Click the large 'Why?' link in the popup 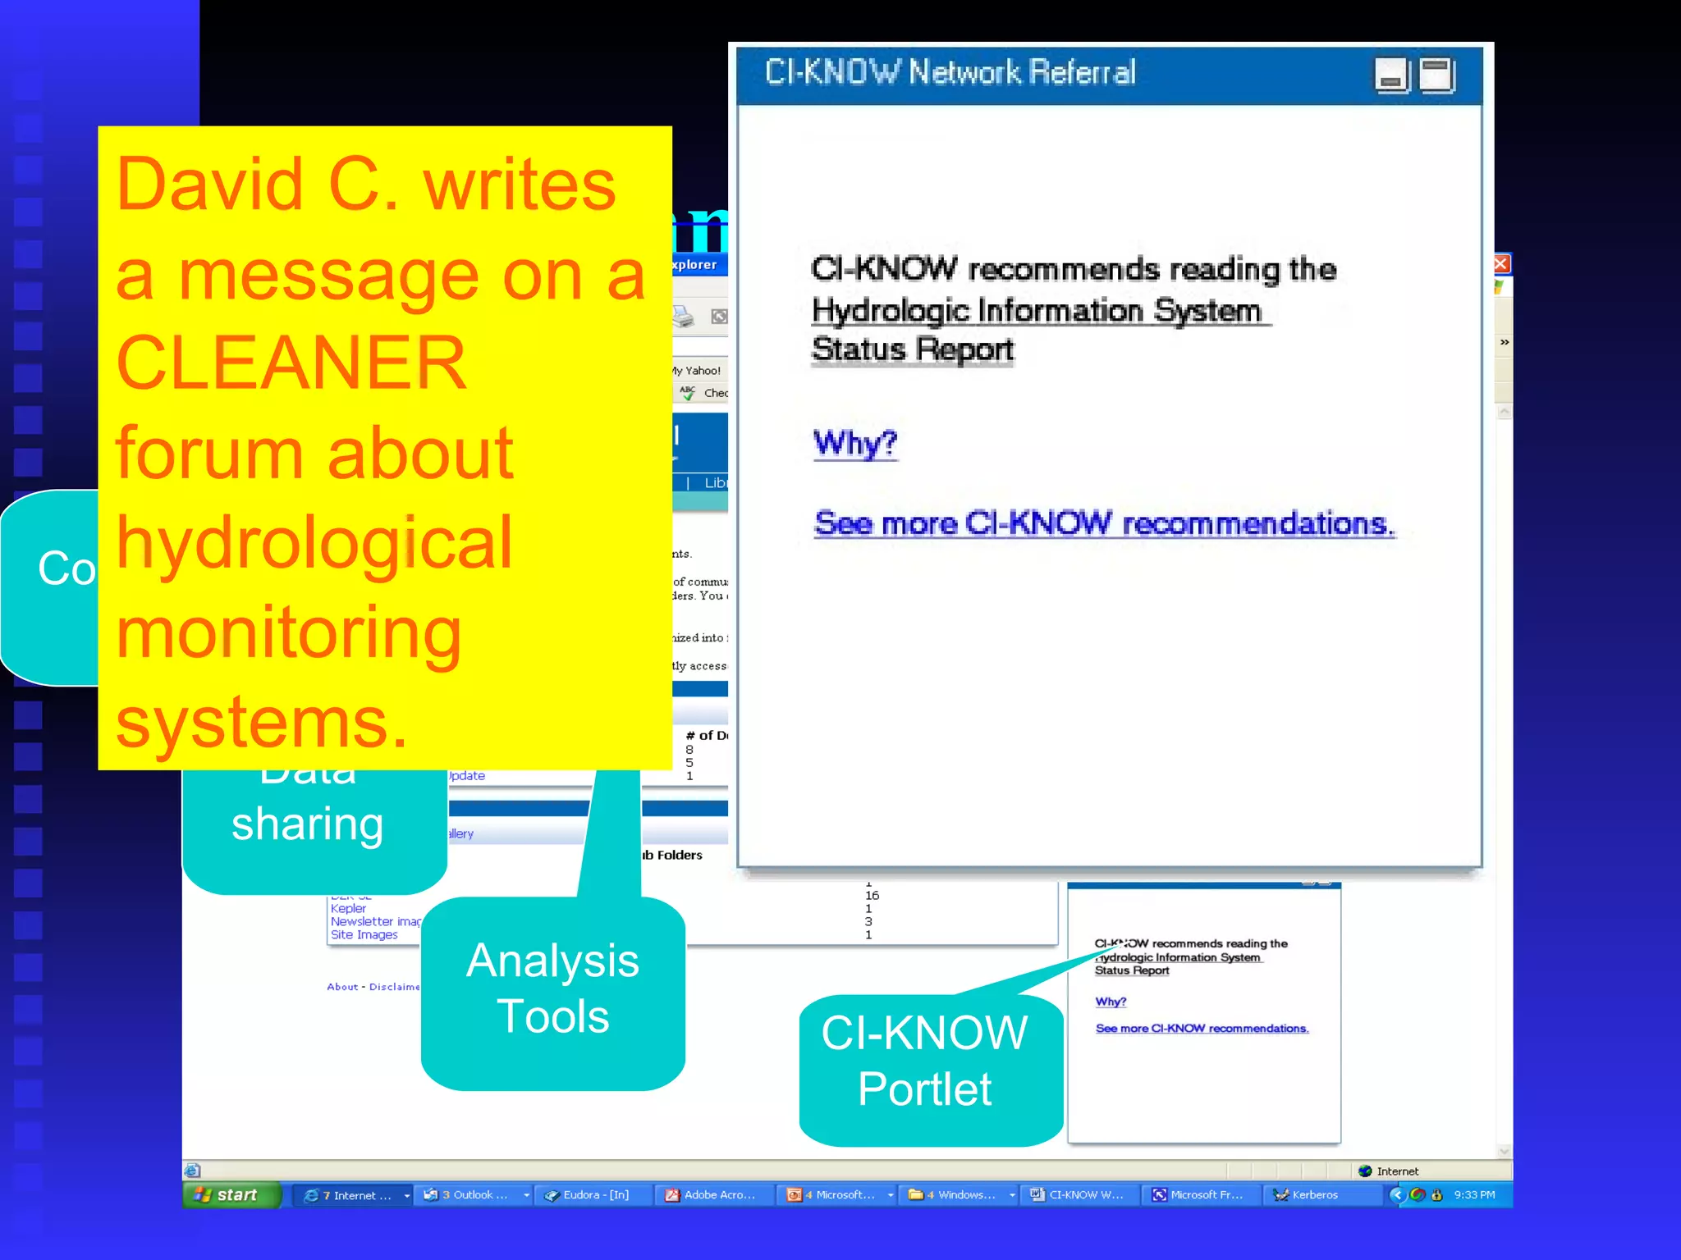pyautogui.click(x=854, y=444)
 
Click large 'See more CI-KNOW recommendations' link pyautogui.click(x=1103, y=523)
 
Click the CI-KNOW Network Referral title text pyautogui.click(x=950, y=73)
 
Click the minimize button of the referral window pyautogui.click(x=1391, y=75)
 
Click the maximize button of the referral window pyautogui.click(x=1436, y=75)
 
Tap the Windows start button pyautogui.click(x=229, y=1194)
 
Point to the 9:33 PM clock pyautogui.click(x=1474, y=1194)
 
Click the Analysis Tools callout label pyautogui.click(x=552, y=988)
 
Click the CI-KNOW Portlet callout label pyautogui.click(x=925, y=1061)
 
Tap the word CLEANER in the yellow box pyautogui.click(x=291, y=363)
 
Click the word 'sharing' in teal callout pyautogui.click(x=307, y=824)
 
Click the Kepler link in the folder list pyautogui.click(x=348, y=908)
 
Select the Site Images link pyautogui.click(x=364, y=934)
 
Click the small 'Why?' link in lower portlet pyautogui.click(x=1111, y=1002)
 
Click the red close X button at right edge pyautogui.click(x=1501, y=263)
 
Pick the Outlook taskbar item pyautogui.click(x=474, y=1194)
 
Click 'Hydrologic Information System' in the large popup pyautogui.click(x=1036, y=311)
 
